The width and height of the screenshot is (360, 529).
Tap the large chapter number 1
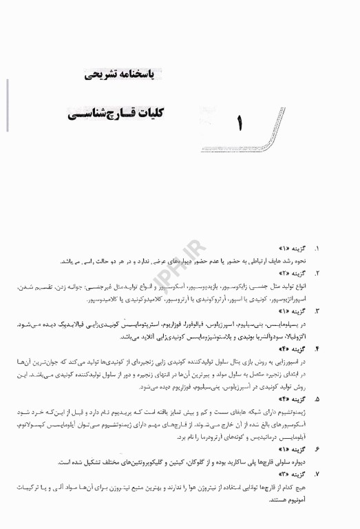240,125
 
